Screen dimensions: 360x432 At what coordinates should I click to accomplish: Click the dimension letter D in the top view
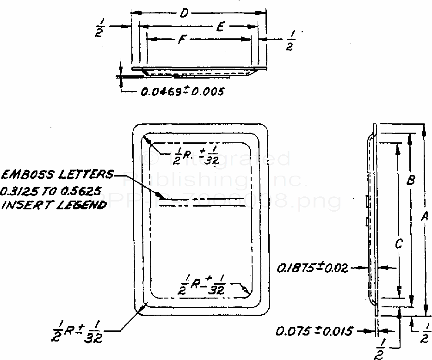tap(184, 14)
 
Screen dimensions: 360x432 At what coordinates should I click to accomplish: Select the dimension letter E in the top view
tap(221, 27)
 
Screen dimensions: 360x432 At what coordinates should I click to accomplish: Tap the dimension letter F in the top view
tap(182, 40)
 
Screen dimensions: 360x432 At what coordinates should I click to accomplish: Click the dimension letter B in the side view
tap(410, 181)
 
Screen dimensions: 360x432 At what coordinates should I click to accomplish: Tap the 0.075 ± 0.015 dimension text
tap(315, 331)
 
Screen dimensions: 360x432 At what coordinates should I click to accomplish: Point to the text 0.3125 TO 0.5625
tap(51, 190)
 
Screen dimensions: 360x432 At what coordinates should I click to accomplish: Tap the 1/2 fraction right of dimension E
tap(290, 41)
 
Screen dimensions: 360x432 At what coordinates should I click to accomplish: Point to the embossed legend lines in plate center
tap(202, 202)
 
